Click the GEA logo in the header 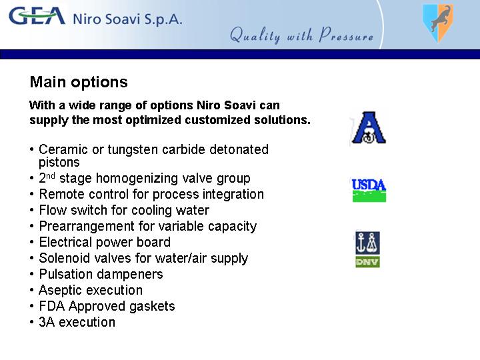(x=37, y=16)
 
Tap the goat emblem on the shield (x=440, y=19)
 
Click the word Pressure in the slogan (x=346, y=34)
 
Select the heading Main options (x=79, y=82)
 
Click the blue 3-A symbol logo (x=369, y=127)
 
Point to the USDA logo (x=369, y=190)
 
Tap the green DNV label (x=367, y=262)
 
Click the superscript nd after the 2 (x=51, y=175)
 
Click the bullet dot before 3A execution (x=31, y=323)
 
